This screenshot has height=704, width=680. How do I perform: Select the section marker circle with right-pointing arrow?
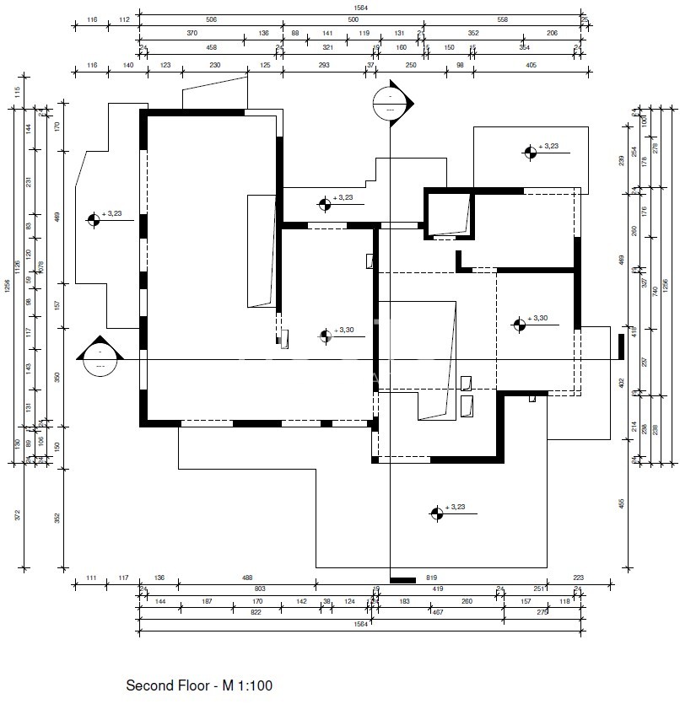click(390, 103)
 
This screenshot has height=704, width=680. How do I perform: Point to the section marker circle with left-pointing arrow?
click(100, 359)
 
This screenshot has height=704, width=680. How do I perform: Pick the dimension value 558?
click(502, 19)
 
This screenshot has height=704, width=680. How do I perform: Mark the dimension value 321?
click(328, 47)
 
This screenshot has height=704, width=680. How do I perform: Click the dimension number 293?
click(324, 65)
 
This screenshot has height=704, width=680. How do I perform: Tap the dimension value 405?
click(531, 65)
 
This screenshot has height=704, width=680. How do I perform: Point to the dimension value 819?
click(432, 578)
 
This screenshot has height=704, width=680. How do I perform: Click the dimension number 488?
click(247, 578)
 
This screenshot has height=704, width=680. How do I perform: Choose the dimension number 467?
click(438, 613)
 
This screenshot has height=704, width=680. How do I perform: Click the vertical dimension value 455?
click(621, 502)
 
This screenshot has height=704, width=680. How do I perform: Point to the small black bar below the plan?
click(403, 580)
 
